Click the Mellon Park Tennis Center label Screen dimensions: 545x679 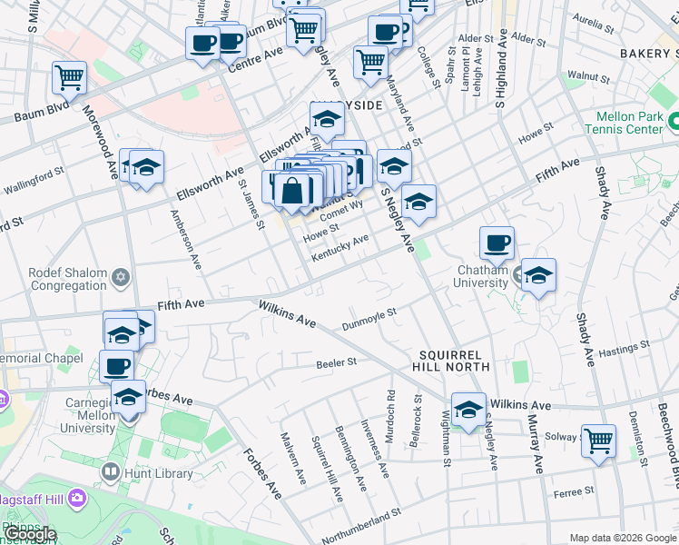[x=630, y=124]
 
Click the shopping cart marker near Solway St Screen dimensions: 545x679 [x=599, y=441]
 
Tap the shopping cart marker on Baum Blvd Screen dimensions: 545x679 [x=69, y=77]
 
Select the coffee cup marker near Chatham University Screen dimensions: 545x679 [x=497, y=243]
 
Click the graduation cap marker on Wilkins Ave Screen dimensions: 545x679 [x=468, y=410]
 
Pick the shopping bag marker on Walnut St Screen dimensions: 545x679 [x=293, y=191]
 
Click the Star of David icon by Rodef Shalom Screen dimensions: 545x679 [x=122, y=275]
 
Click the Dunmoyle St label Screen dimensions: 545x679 [x=369, y=319]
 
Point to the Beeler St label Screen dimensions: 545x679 [x=336, y=362]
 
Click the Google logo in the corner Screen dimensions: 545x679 [x=30, y=535]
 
